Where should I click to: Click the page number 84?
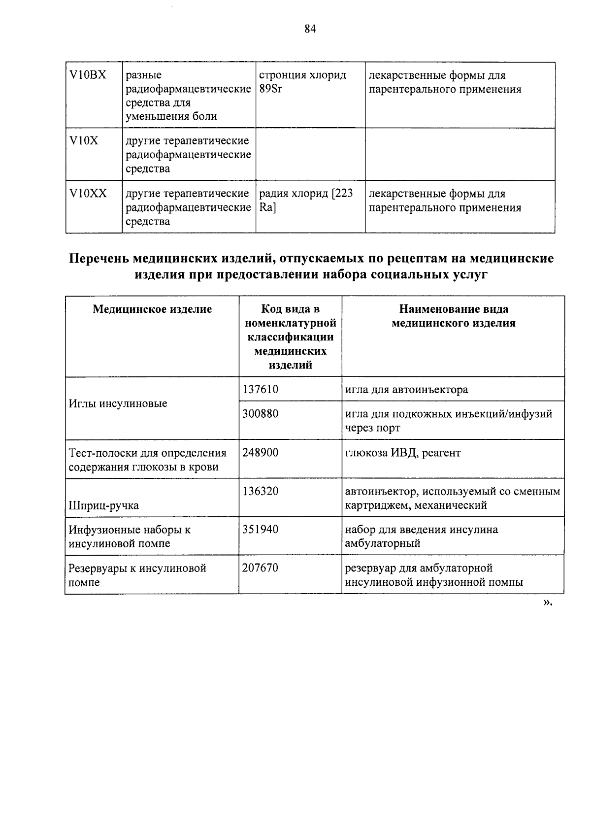click(310, 29)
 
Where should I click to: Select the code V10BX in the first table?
click(88, 75)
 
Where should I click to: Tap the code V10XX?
click(88, 194)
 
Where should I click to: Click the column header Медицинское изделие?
click(153, 309)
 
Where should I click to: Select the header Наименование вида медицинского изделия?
click(453, 316)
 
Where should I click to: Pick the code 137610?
click(261, 389)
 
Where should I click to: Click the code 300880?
click(261, 413)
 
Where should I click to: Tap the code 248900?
click(261, 452)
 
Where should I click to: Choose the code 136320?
click(261, 491)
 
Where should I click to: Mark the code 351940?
click(261, 530)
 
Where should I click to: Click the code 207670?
click(261, 568)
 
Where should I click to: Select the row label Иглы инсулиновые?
click(118, 403)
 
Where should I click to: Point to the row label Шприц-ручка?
click(104, 505)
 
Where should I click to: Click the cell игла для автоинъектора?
click(406, 390)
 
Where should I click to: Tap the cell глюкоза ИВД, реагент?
click(403, 453)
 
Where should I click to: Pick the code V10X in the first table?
click(84, 141)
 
